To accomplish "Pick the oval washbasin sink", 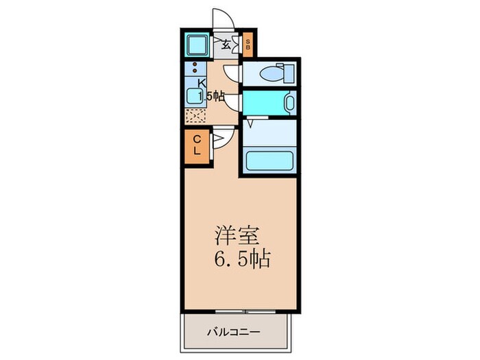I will point(289,105).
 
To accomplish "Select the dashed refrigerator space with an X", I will point(195,115).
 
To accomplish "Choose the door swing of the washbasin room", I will point(233,101).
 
